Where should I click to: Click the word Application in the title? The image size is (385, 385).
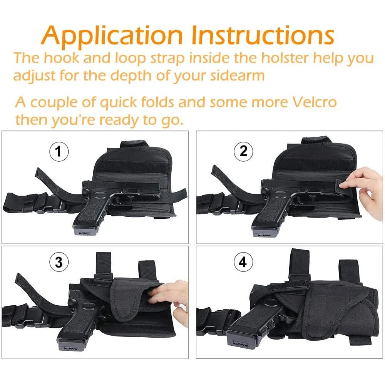[112, 36]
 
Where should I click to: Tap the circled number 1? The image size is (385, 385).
[59, 151]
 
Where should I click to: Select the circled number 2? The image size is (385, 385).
[243, 151]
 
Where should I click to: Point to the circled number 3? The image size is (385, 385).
[59, 262]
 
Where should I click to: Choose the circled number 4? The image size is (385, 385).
[243, 262]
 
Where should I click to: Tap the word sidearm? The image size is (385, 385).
[238, 75]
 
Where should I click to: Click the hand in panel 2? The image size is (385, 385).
[370, 191]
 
